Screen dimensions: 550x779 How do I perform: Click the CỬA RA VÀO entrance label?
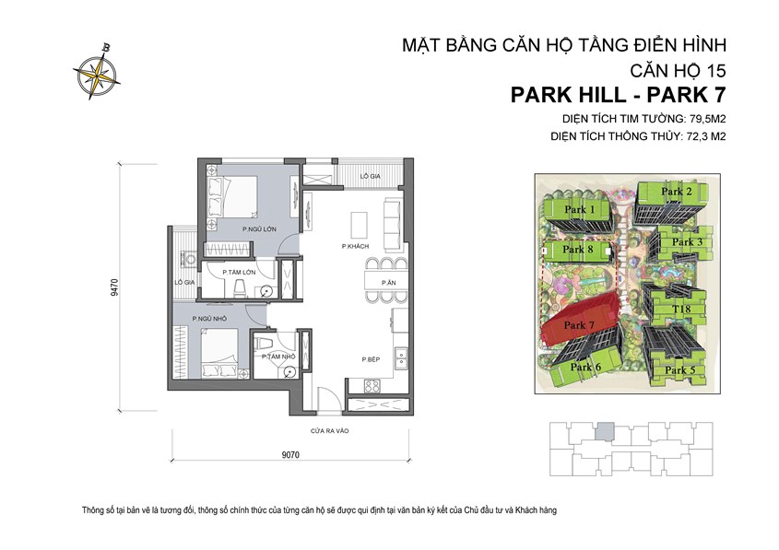tap(328, 430)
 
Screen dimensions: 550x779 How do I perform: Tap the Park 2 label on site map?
tap(677, 192)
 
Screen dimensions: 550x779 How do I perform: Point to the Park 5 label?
tap(679, 370)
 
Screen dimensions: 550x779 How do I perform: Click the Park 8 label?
tap(577, 249)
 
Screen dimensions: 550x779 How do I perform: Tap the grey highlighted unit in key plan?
tap(603, 430)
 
